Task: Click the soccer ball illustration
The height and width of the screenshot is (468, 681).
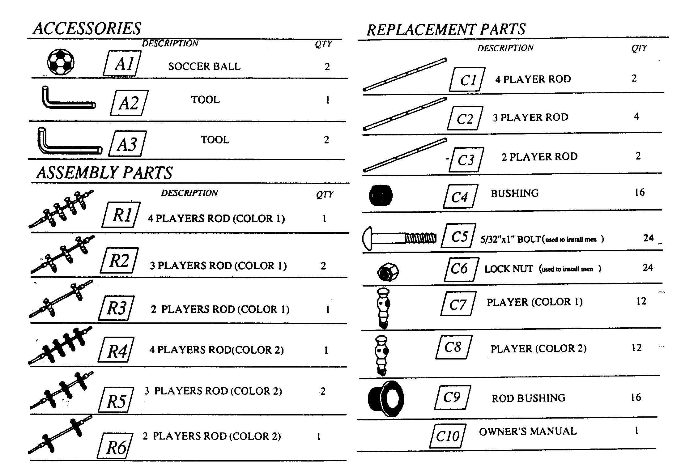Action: coord(61,62)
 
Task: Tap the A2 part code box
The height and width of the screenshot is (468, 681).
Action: coord(129,103)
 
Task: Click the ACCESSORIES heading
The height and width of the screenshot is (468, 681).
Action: coord(87,28)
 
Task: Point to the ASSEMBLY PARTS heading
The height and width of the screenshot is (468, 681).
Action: coord(104,172)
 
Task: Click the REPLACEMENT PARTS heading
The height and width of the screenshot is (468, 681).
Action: coord(446,29)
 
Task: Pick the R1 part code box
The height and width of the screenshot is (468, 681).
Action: coord(121,215)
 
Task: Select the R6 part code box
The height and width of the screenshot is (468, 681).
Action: coord(115,446)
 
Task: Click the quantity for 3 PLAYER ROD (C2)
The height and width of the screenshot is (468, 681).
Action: coord(636,117)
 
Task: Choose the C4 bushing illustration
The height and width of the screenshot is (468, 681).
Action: coord(381,195)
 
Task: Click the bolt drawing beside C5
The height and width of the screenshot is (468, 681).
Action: coord(399,238)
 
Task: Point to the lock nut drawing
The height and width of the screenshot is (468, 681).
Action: coord(388,272)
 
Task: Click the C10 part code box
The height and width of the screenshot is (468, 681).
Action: coord(448,436)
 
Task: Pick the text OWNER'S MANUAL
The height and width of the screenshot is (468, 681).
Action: coord(528,431)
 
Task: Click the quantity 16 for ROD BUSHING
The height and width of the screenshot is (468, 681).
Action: coord(636,397)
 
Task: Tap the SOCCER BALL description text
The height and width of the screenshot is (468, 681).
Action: coord(204,66)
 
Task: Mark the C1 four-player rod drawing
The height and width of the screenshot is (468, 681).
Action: coord(405,74)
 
